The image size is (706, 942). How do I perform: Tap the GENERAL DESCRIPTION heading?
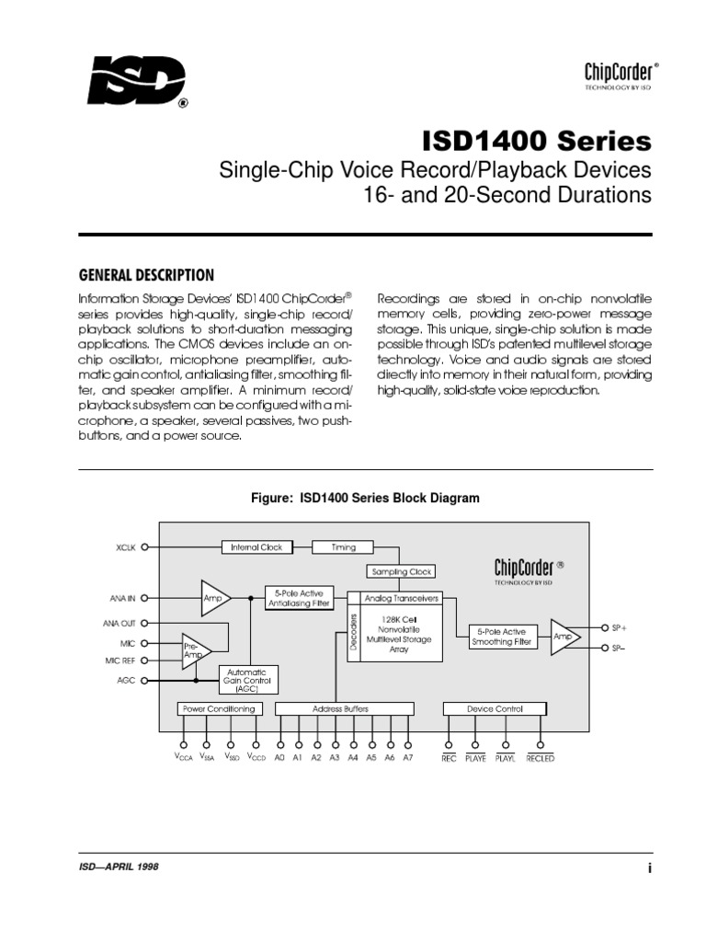(x=147, y=275)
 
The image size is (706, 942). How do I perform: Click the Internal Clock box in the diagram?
(x=257, y=547)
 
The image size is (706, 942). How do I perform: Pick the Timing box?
(x=343, y=547)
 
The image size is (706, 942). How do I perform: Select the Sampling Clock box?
(x=400, y=571)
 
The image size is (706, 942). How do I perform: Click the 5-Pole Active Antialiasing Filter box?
(x=300, y=598)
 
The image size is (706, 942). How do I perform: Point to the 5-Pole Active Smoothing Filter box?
(x=502, y=638)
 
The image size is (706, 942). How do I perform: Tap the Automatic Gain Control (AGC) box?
(x=246, y=680)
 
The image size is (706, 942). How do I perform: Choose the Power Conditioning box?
(x=218, y=709)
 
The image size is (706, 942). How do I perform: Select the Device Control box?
(x=495, y=709)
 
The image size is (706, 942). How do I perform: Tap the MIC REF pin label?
(x=120, y=661)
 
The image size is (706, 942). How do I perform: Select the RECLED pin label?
(x=540, y=758)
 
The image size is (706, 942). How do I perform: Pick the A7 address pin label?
(x=408, y=758)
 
